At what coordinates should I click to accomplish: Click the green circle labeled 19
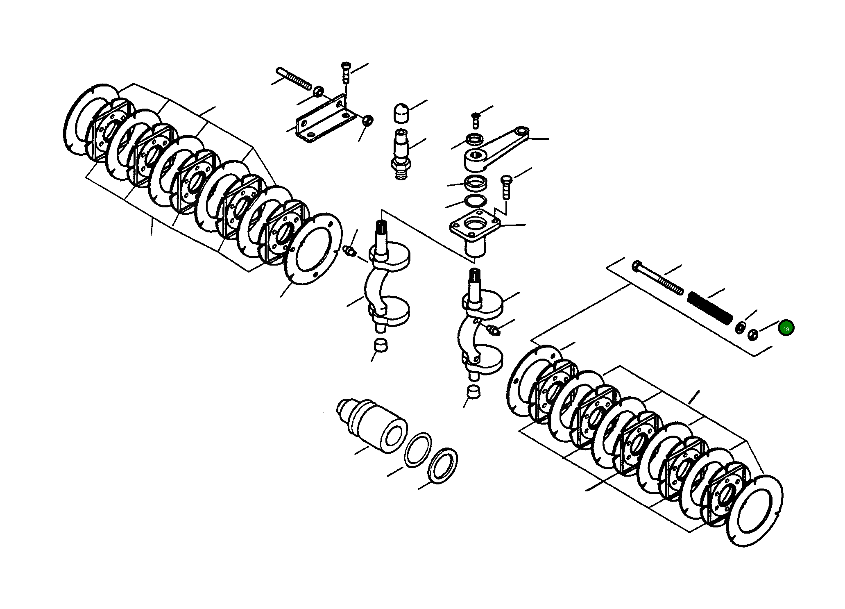pyautogui.click(x=786, y=329)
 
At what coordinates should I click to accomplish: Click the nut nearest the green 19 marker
pyautogui.click(x=752, y=334)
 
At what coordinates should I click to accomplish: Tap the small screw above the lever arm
pyautogui.click(x=476, y=119)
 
